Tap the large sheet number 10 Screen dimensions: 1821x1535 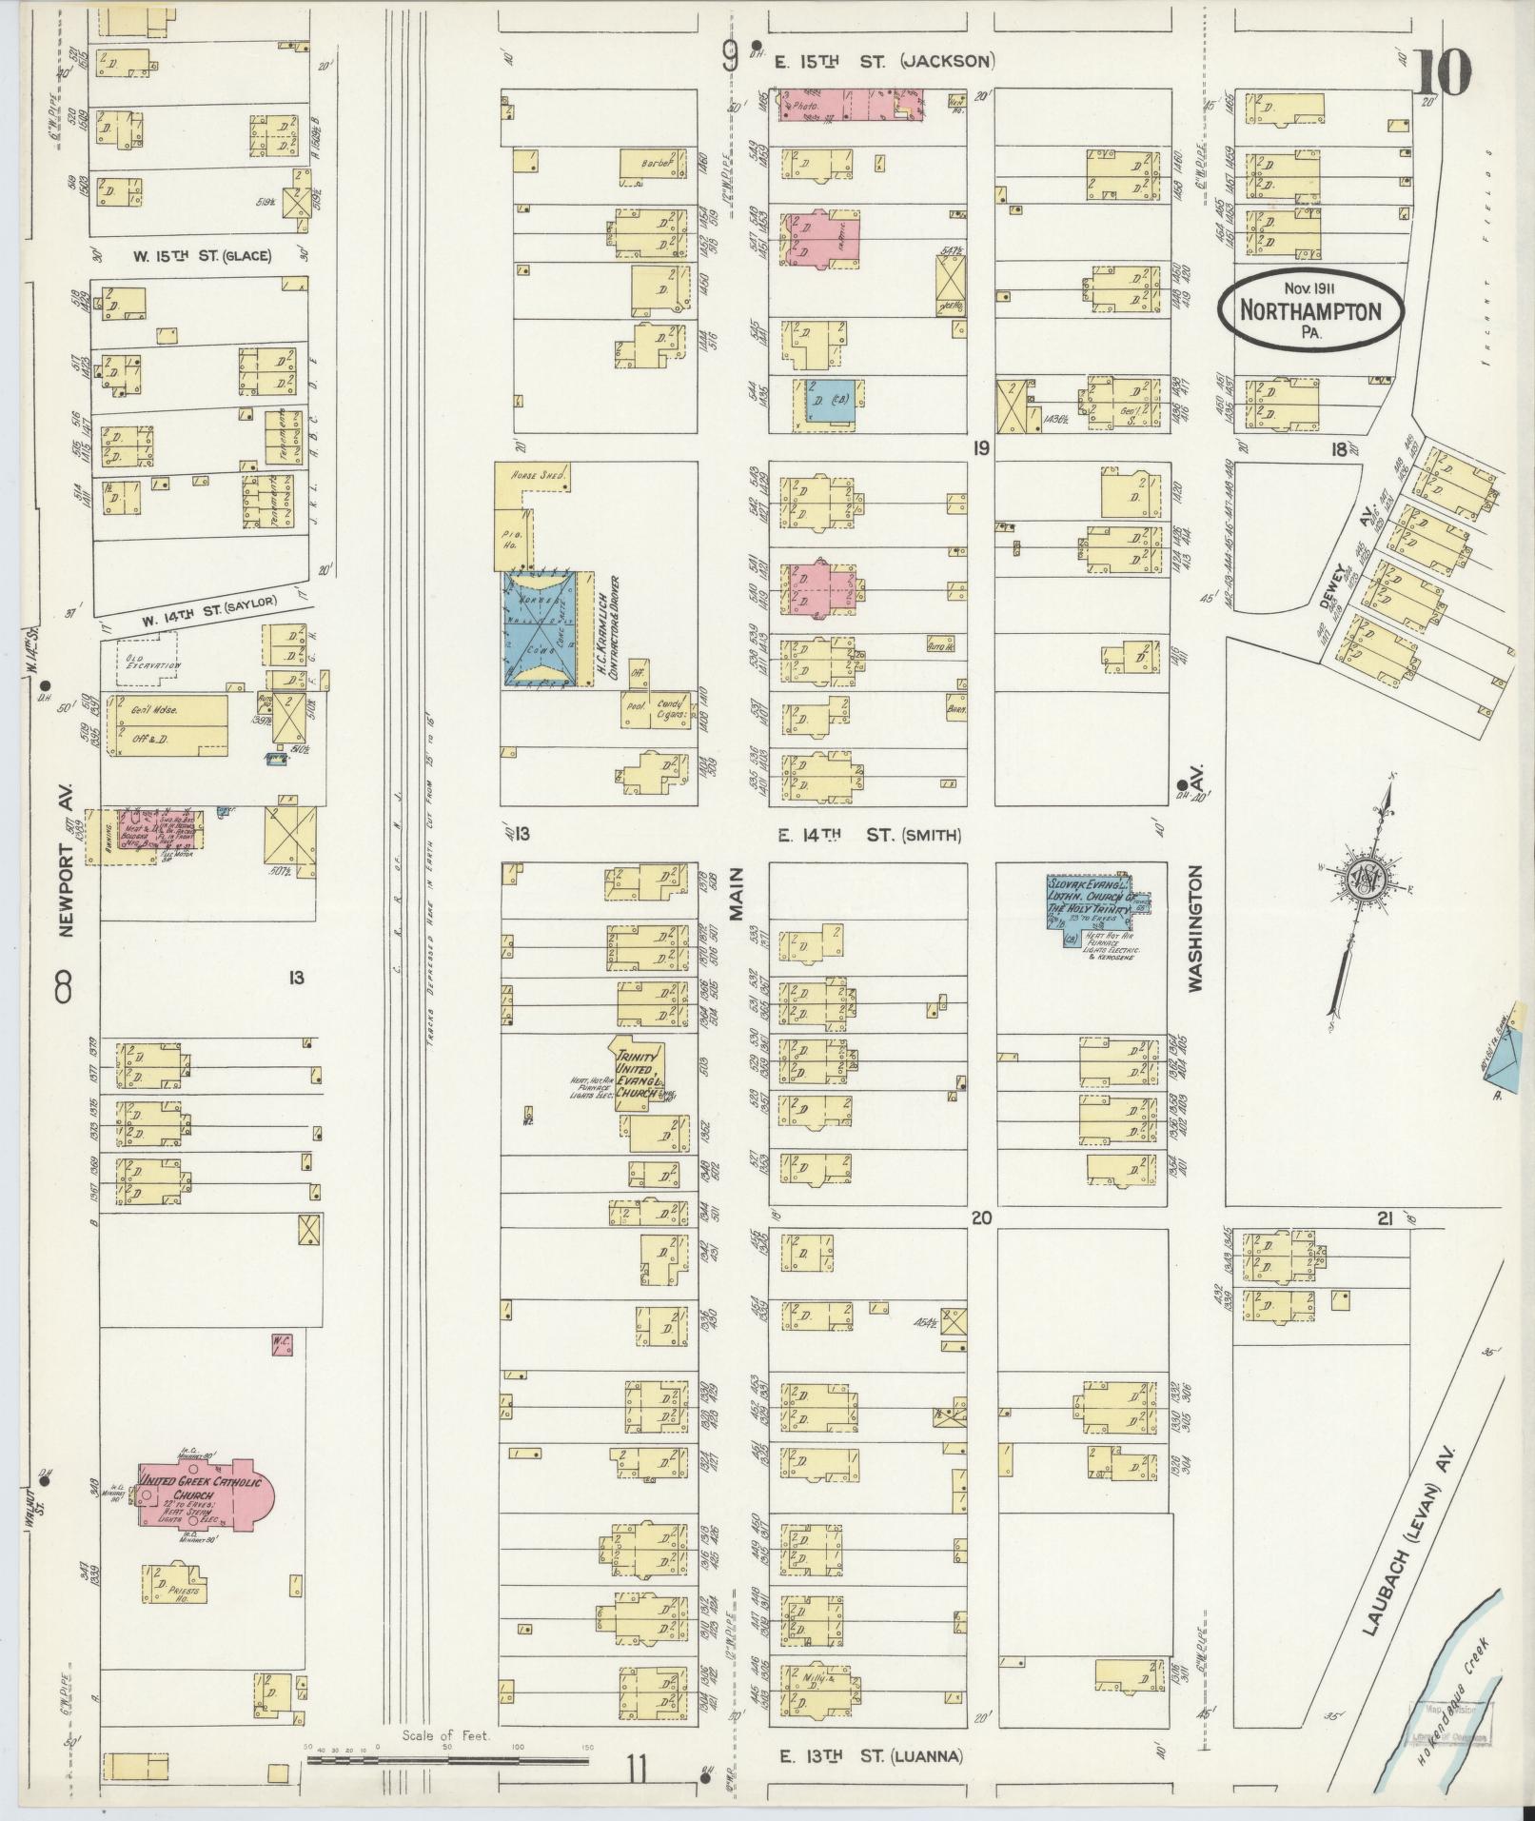[x=1442, y=73]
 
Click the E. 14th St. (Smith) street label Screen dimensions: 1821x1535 [x=869, y=835]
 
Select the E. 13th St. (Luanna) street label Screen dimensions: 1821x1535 [x=871, y=1756]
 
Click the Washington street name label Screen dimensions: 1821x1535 [x=1195, y=928]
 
